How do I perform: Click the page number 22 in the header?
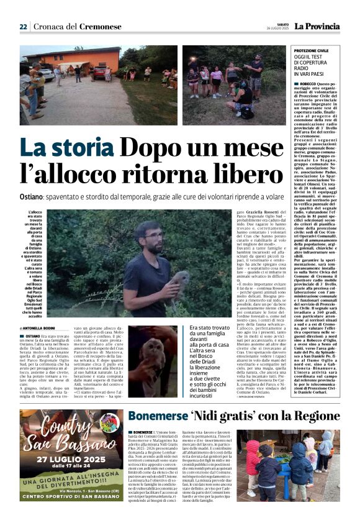pos(23,27)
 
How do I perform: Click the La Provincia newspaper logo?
pos(317,27)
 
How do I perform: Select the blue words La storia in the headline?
pos(66,148)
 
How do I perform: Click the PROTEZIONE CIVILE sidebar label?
pos(328,50)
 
